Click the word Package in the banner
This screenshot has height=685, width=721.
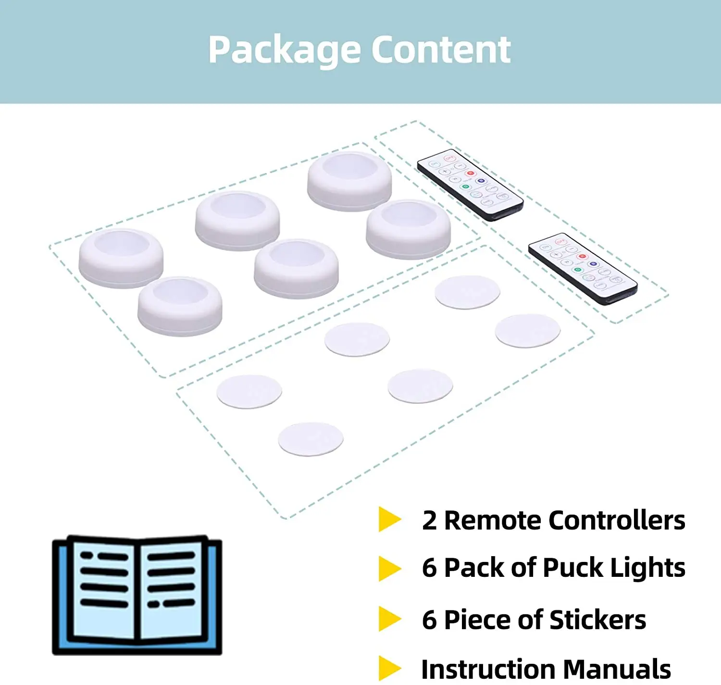(284, 50)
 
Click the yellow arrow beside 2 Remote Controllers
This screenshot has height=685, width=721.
(389, 519)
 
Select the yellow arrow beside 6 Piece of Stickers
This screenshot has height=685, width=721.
(389, 619)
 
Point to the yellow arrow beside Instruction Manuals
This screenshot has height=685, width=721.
(389, 668)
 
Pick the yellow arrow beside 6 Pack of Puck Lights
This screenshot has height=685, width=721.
(389, 568)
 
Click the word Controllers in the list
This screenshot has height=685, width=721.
(617, 520)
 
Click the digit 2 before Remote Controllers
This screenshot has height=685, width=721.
(429, 521)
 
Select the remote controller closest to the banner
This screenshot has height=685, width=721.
(470, 185)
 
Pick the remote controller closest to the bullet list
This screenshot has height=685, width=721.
(583, 269)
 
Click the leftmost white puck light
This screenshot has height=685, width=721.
(121, 258)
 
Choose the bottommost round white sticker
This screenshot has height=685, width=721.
(311, 439)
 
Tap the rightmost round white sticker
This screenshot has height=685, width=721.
(527, 331)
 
